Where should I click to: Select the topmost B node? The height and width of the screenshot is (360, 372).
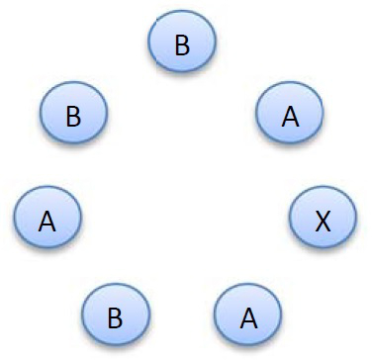pyautogui.click(x=182, y=45)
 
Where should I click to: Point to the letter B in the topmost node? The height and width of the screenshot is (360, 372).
pyautogui.click(x=182, y=45)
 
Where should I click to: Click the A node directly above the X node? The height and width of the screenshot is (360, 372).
pyautogui.click(x=290, y=116)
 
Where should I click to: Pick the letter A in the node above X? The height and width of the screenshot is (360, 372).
pyautogui.click(x=290, y=117)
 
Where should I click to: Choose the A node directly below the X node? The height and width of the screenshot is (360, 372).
pyautogui.click(x=249, y=317)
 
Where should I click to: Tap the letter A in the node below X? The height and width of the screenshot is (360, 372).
pyautogui.click(x=249, y=318)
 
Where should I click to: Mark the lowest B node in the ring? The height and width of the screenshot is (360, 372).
pyautogui.click(x=115, y=317)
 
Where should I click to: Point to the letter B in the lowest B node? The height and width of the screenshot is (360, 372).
pyautogui.click(x=115, y=318)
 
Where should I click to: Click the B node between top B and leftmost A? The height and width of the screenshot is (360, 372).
pyautogui.click(x=73, y=116)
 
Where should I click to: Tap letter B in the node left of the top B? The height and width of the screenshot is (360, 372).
pyautogui.click(x=73, y=117)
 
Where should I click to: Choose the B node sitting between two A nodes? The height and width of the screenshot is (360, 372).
pyautogui.click(x=115, y=317)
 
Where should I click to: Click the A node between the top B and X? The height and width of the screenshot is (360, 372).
pyautogui.click(x=290, y=116)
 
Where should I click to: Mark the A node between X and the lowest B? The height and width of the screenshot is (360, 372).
pyautogui.click(x=249, y=317)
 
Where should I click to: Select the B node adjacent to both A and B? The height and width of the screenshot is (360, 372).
pyautogui.click(x=73, y=116)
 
